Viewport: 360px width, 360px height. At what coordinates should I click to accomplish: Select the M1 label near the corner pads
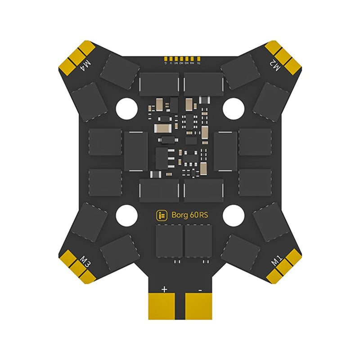(275, 261)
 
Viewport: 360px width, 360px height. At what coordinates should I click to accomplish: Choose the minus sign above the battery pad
(199, 289)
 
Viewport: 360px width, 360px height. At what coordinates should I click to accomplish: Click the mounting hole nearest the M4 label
(127, 108)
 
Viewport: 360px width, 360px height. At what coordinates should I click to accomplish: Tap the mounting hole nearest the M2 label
(233, 108)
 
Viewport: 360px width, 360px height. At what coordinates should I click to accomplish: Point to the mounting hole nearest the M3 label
(126, 215)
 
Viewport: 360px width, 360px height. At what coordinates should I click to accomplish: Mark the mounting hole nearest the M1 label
(233, 215)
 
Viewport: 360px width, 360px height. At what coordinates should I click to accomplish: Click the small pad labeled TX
(198, 59)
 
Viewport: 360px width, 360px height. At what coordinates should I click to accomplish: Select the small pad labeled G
(165, 59)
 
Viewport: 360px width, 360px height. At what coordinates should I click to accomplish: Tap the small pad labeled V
(171, 59)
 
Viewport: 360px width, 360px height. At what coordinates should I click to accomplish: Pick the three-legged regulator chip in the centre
(161, 157)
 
